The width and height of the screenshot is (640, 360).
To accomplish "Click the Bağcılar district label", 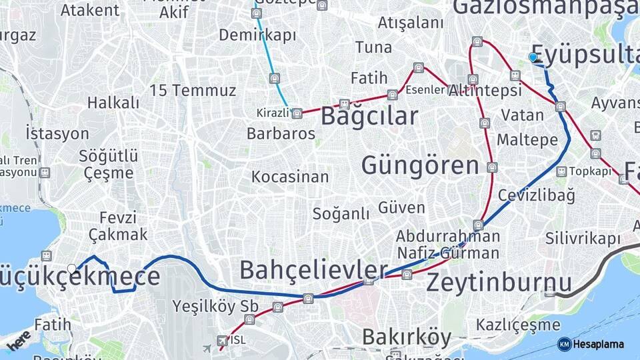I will [x=369, y=116].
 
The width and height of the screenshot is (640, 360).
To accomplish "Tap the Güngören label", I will [x=420, y=165].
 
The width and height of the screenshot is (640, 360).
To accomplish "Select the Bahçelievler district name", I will [x=313, y=270].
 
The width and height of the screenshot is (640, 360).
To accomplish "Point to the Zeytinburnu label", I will [x=499, y=283].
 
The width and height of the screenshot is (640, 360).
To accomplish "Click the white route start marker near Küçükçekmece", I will [x=72, y=269].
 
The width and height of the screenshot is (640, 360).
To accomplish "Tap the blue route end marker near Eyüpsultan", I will [x=533, y=57].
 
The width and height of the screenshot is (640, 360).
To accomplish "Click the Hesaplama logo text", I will [x=599, y=344].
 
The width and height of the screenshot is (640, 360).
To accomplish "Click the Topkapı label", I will [x=590, y=171].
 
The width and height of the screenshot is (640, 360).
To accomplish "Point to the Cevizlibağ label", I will [x=536, y=195].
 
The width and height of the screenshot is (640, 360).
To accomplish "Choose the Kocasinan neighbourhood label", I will [x=290, y=177].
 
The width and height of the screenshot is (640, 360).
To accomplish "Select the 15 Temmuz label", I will [x=193, y=91].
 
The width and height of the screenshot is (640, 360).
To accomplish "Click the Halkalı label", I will [x=113, y=103].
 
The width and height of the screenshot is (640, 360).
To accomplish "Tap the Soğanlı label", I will [x=341, y=213].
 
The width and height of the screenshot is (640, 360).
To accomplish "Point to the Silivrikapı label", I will [x=582, y=238].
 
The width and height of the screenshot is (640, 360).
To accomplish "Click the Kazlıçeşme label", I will [x=518, y=325].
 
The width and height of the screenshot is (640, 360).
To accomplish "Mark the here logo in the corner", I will [x=19, y=339].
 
